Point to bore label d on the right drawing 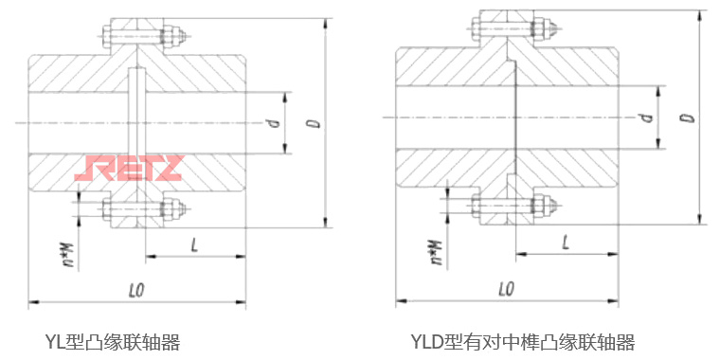click(645, 117)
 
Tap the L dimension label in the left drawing click(194, 244)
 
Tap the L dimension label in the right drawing click(565, 242)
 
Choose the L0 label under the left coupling click(135, 288)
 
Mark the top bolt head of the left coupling click(106, 38)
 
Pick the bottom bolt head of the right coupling click(475, 205)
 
